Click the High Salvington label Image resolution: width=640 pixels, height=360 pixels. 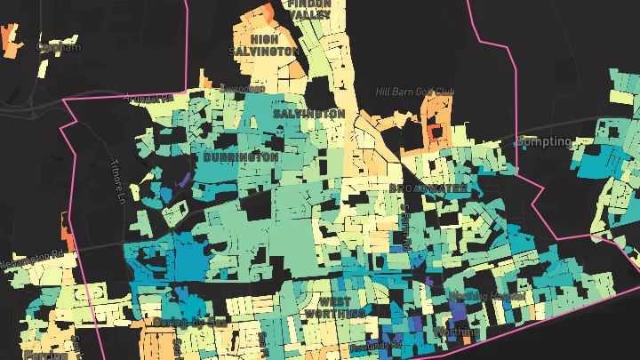pos(264,45)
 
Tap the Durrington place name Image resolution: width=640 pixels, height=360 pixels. pos(241,157)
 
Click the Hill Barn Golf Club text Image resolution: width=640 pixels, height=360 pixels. pos(414,92)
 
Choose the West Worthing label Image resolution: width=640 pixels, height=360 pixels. pos(334,308)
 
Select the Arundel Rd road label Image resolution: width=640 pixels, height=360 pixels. pos(148,99)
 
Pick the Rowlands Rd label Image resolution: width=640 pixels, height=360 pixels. pos(375,343)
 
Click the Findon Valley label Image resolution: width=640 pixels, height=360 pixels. pos(308,9)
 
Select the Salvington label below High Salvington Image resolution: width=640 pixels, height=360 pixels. pos(308,115)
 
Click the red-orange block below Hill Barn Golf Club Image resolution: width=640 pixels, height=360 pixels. pos(433,132)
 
